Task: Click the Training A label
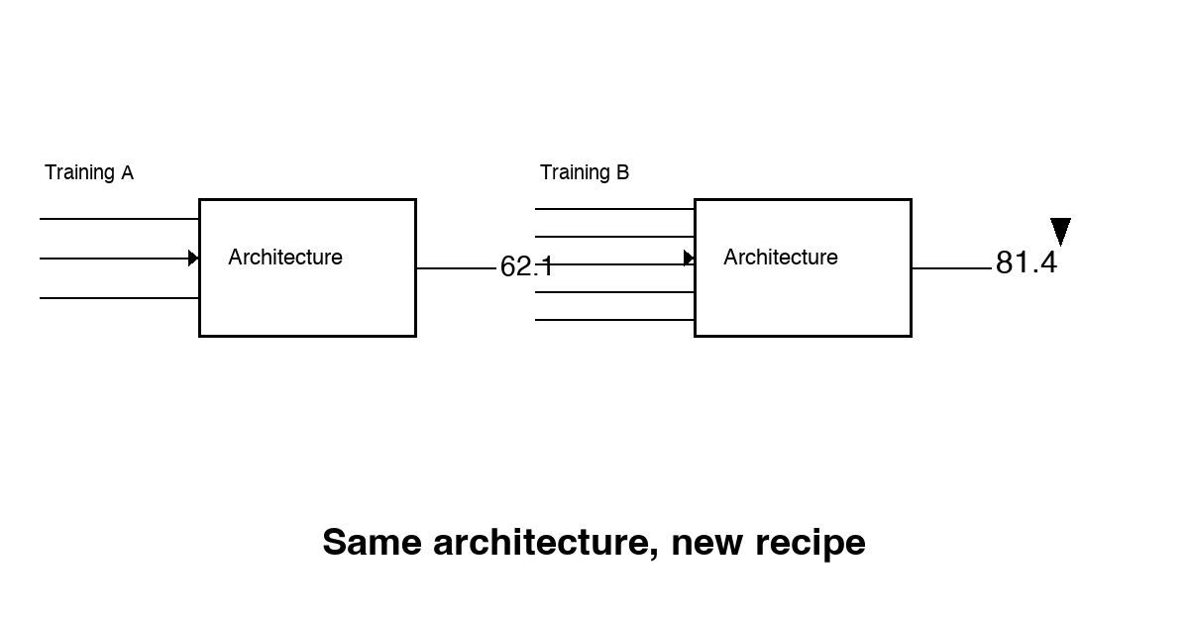point(89,173)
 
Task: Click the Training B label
point(585,173)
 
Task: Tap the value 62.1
point(526,265)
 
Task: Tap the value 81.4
point(1027,262)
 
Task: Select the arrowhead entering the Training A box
point(194,259)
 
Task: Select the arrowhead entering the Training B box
point(689,259)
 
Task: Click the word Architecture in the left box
point(285,258)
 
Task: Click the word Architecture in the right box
point(781,258)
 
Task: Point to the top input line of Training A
point(120,219)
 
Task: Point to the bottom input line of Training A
point(120,298)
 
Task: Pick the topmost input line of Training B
point(614,209)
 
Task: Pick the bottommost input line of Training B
point(614,320)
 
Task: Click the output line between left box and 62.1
point(456,268)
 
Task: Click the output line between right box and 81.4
point(952,268)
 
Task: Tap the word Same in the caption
point(373,543)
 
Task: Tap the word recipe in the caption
point(811,545)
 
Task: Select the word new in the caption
point(707,545)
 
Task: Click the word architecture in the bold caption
point(546,543)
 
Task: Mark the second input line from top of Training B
point(614,237)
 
